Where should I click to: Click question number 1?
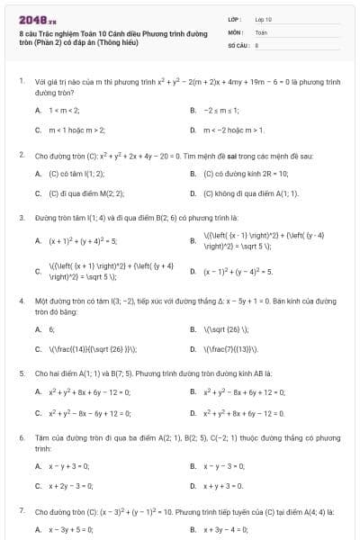pyautogui.click(x=21, y=80)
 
